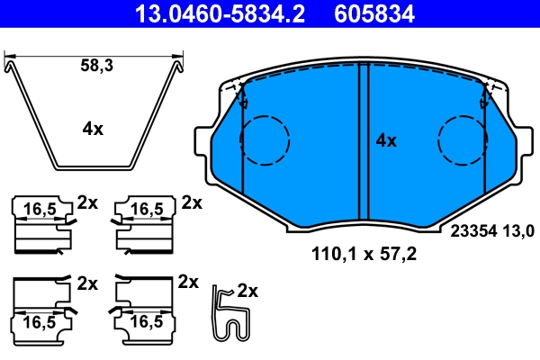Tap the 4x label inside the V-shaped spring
93,129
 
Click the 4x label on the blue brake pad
385,140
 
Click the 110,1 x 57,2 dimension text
364,255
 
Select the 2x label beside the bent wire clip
247,292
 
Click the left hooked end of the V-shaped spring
11,64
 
